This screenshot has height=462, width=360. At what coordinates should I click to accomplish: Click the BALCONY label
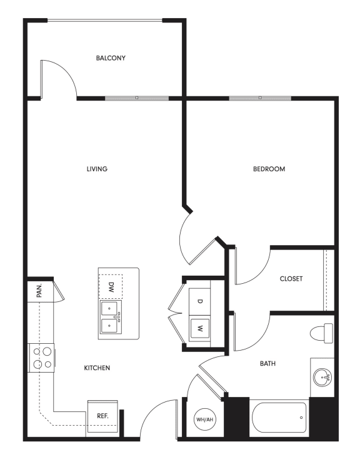point(111,58)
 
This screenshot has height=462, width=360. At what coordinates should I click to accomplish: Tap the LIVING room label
point(97,169)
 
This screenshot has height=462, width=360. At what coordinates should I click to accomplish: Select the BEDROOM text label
point(269,169)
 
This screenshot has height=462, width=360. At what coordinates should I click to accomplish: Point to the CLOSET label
point(291,279)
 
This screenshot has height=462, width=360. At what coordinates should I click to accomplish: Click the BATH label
point(268,363)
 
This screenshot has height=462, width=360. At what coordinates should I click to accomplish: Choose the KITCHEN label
point(97,368)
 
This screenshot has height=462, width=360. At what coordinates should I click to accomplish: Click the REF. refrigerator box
point(102,416)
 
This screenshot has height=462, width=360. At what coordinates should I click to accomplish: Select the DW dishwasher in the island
point(111,288)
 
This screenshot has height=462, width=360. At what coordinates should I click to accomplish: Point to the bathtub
point(279,417)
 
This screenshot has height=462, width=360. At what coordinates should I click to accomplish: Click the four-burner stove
point(41,358)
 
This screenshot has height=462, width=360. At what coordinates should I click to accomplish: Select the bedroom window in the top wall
point(260,98)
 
